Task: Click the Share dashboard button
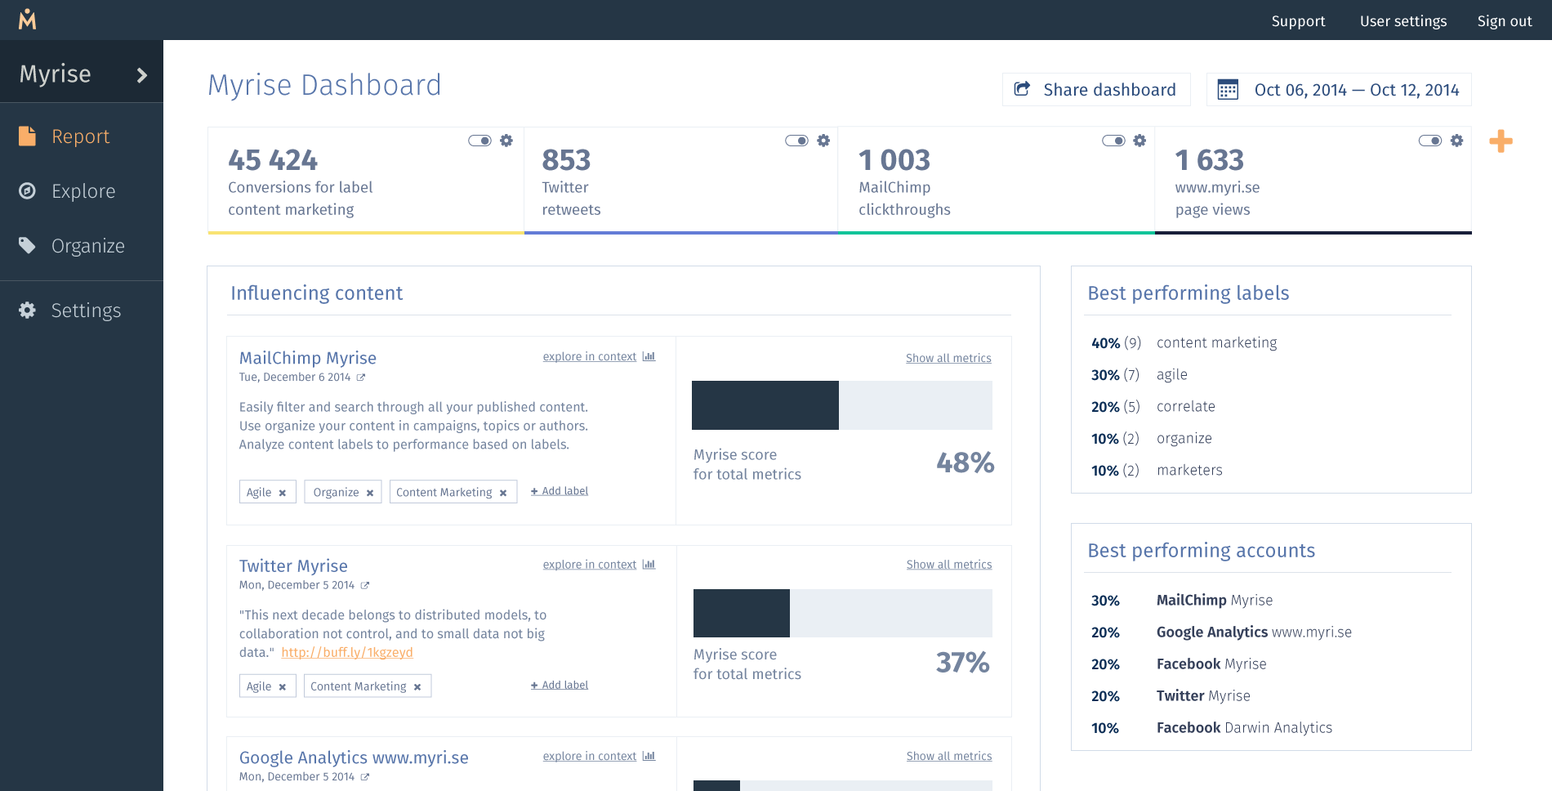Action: click(x=1095, y=90)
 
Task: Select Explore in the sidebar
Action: click(x=82, y=191)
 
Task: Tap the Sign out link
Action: click(x=1504, y=21)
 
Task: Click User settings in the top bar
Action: click(x=1403, y=21)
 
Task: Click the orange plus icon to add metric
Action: click(x=1501, y=141)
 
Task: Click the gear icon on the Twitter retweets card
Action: click(x=823, y=141)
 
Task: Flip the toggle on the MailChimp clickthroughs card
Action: click(x=1113, y=141)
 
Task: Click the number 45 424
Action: click(x=273, y=160)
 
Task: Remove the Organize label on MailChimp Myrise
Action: click(x=370, y=493)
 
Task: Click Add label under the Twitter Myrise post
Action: click(x=560, y=685)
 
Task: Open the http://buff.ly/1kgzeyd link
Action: click(x=347, y=652)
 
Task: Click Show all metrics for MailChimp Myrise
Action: click(x=948, y=358)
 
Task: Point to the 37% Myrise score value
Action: click(x=963, y=662)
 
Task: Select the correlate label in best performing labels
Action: click(x=1186, y=406)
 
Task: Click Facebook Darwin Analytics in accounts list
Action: click(x=1244, y=727)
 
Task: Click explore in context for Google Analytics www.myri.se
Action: click(x=590, y=756)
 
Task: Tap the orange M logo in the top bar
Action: click(x=28, y=19)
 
